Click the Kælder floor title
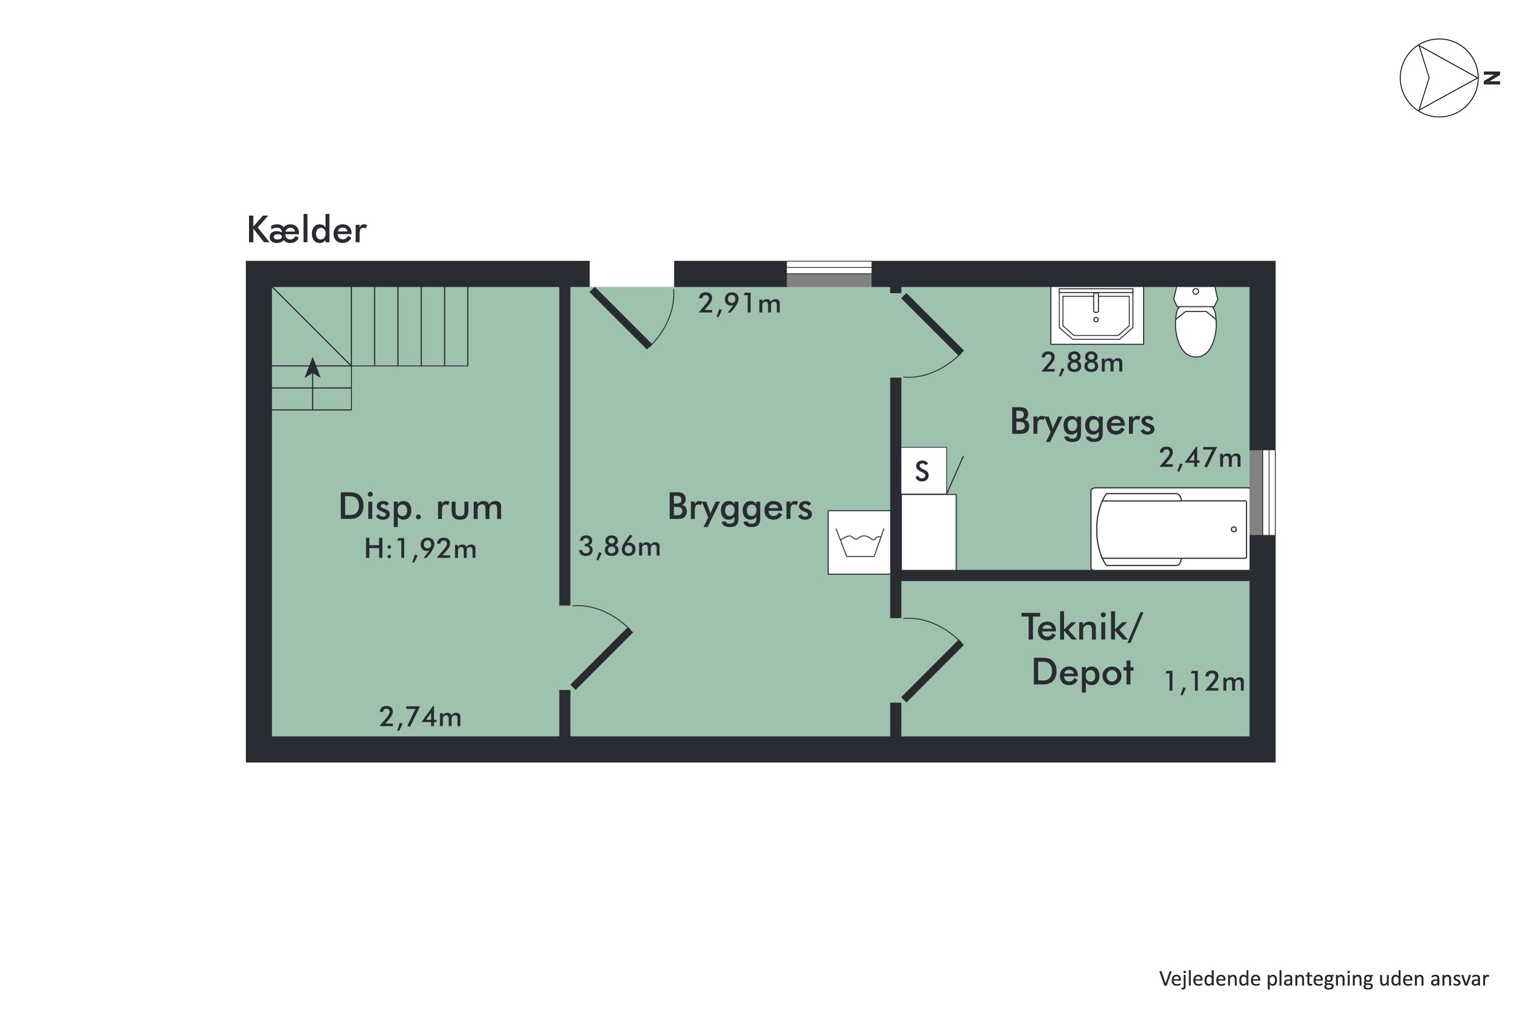(x=307, y=230)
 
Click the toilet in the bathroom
(x=1195, y=323)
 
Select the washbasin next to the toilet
(x=1097, y=315)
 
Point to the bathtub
(x=1170, y=529)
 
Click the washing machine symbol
(x=859, y=542)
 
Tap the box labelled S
(x=923, y=470)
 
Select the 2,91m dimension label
(x=739, y=303)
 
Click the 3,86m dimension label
(x=619, y=547)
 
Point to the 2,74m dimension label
(x=420, y=717)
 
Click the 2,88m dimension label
(x=1081, y=362)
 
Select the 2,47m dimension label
(x=1200, y=458)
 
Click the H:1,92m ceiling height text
(x=420, y=549)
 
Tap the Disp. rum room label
(x=420, y=507)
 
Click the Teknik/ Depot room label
(x=1082, y=649)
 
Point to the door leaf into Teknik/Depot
(x=932, y=672)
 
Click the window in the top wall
(x=829, y=274)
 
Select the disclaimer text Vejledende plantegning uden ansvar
(x=1323, y=979)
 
